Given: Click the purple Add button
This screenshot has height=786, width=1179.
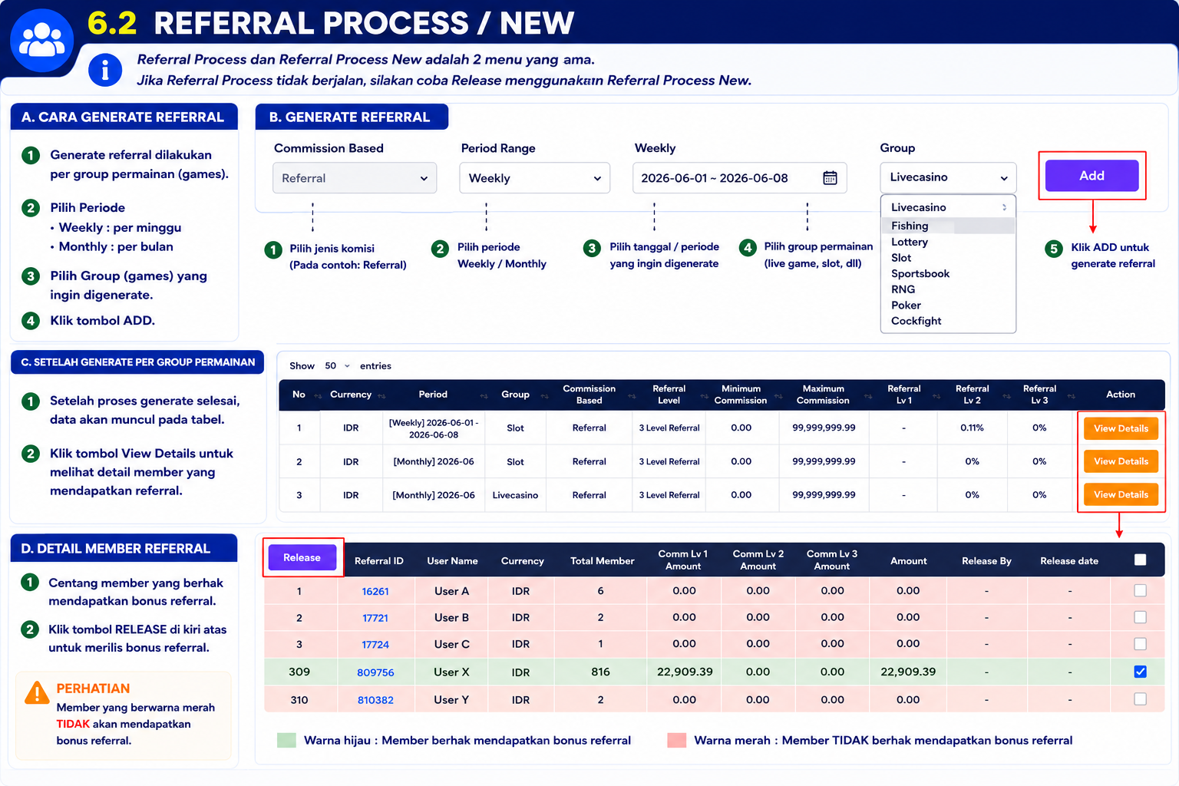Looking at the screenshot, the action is coord(1091,175).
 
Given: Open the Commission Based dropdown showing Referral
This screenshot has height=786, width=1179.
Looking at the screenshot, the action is coord(354,178).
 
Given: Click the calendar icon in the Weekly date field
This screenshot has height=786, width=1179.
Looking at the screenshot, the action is coord(830,178).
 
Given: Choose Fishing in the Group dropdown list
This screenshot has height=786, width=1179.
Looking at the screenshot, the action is coord(910,226).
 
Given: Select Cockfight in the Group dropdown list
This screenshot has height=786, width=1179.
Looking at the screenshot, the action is coord(916,321).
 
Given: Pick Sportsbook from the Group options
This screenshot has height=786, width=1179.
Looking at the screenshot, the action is coord(920,273).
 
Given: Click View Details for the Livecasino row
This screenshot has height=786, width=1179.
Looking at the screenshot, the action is coord(1121,494).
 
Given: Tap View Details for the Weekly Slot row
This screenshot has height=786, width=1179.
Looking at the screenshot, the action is coord(1121,428).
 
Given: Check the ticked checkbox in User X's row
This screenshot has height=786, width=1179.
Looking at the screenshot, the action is coord(1140,671).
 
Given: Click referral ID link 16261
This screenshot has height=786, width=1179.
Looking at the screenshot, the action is coord(375,591).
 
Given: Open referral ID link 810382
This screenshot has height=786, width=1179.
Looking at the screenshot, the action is coord(375,700).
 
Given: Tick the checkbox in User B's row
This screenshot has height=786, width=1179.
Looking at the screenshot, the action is coord(1140,617).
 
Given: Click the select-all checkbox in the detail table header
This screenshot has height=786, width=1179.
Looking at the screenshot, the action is coord(1140,560).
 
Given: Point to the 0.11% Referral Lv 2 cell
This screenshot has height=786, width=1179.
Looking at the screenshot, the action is coord(972,428).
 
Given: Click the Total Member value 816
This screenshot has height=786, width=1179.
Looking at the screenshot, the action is coord(600,672).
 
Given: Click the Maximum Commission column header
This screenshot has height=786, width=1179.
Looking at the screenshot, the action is coord(823,395).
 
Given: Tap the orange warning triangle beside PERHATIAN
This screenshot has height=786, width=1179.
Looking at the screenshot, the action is coord(37,692).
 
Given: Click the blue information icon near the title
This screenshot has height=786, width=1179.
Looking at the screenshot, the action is coord(105,70).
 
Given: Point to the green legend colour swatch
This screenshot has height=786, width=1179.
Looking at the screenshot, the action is coord(286,740).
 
